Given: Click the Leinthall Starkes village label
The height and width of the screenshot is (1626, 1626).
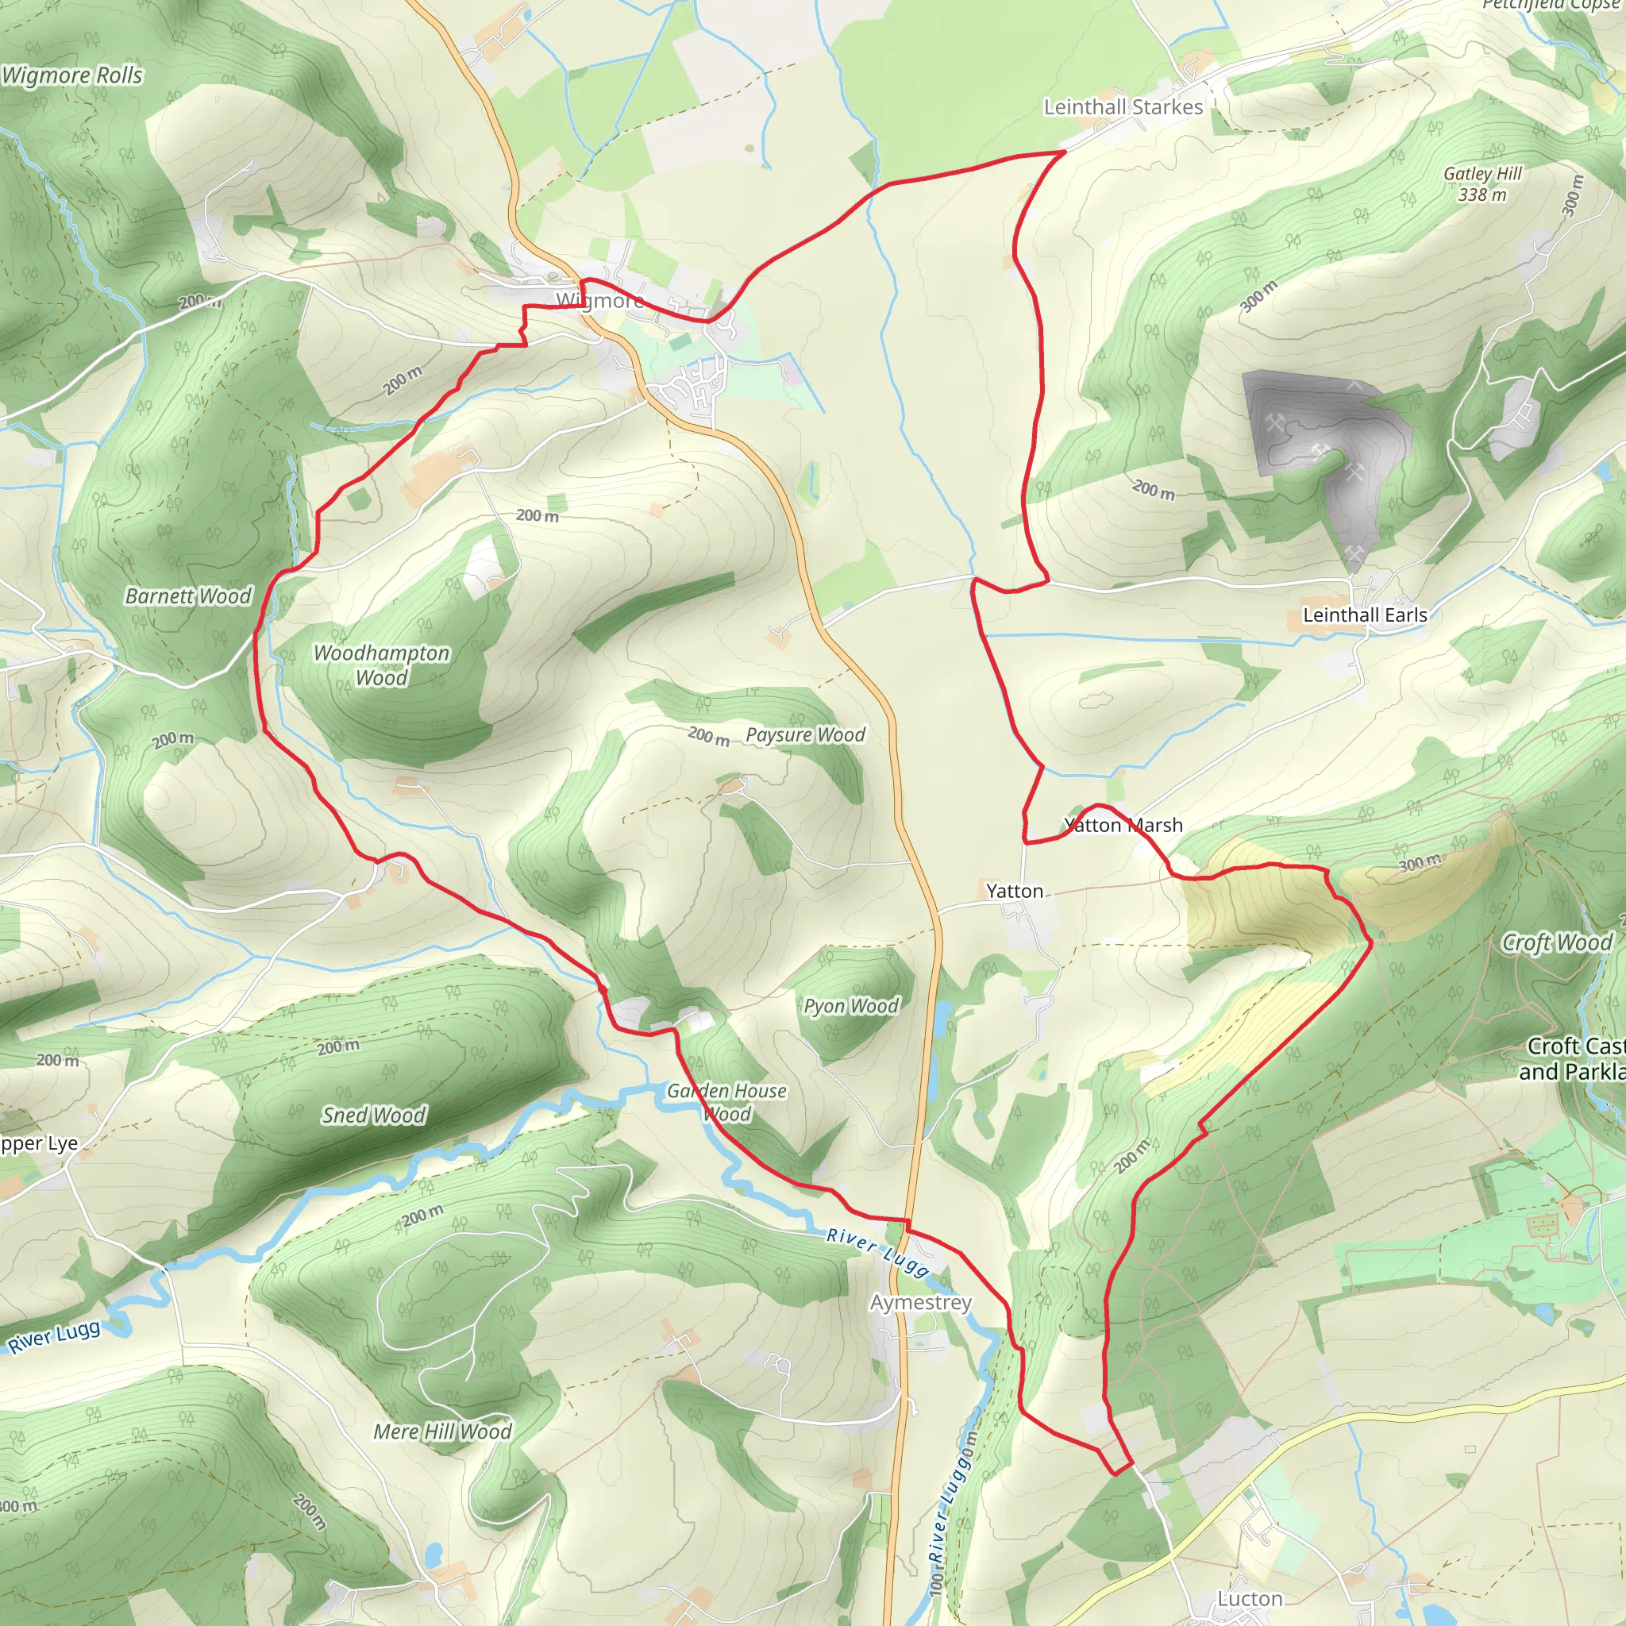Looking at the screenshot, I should click(1123, 107).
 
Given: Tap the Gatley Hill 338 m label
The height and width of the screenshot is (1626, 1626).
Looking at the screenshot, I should click(1482, 183).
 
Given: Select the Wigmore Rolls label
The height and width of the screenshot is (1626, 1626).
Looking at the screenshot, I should click(72, 75).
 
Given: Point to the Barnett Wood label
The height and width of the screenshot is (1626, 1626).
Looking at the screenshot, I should click(188, 596).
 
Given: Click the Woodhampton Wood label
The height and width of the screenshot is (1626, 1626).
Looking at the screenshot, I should click(381, 665).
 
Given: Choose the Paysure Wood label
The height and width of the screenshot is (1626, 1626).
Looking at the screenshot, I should click(805, 734).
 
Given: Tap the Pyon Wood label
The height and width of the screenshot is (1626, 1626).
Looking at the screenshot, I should click(851, 1006).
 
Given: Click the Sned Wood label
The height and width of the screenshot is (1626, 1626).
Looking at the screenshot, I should click(374, 1115).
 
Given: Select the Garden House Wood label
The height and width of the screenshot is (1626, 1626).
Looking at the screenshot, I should click(727, 1103).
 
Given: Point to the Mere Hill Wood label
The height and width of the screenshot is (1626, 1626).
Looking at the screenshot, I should click(443, 1431).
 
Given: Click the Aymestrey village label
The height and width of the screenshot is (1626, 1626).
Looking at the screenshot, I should click(921, 1302).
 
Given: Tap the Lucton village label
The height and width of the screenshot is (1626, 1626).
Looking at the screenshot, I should click(1250, 1598).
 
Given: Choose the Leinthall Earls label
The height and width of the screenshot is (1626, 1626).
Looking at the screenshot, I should click(1364, 615).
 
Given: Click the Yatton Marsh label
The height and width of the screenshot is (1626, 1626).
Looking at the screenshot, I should click(1123, 825).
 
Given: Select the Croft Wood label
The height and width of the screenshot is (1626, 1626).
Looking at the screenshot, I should click(1557, 942).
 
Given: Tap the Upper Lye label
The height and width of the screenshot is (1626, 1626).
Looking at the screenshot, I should click(39, 1143).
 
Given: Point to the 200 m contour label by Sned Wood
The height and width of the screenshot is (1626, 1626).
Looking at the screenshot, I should click(338, 1047).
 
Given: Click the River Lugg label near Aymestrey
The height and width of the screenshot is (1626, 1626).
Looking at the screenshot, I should click(878, 1250).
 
